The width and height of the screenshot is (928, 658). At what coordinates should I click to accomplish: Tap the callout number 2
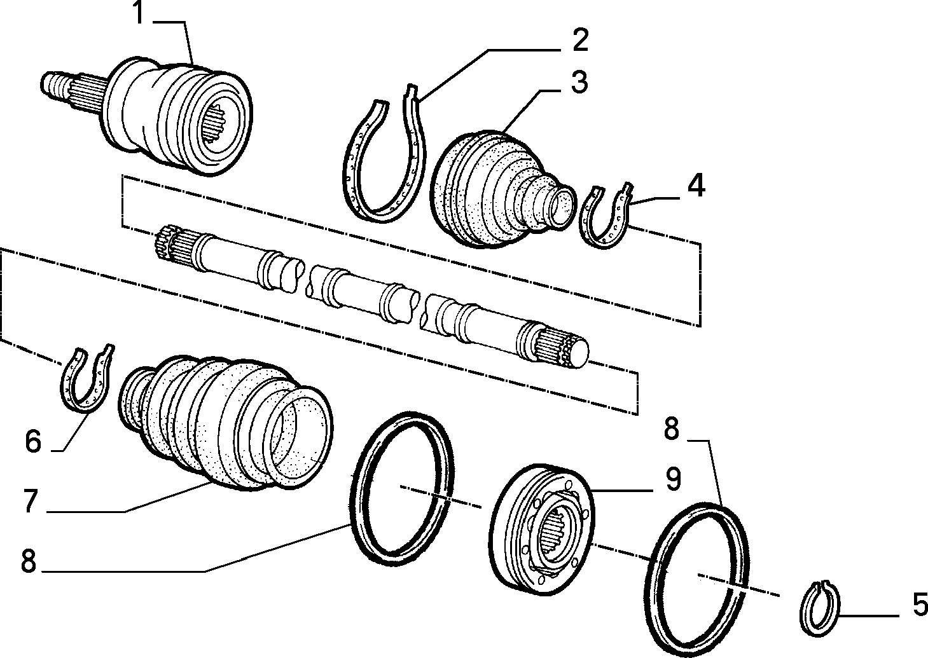[x=581, y=40]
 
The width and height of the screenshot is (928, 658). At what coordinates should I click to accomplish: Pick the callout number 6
[x=33, y=441]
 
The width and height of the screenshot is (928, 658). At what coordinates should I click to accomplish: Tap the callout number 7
[x=31, y=500]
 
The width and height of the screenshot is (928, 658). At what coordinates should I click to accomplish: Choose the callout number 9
[x=673, y=479]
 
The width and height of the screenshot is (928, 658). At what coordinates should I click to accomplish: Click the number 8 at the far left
[x=29, y=561]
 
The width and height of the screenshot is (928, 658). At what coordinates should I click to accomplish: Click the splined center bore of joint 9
[x=556, y=535]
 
